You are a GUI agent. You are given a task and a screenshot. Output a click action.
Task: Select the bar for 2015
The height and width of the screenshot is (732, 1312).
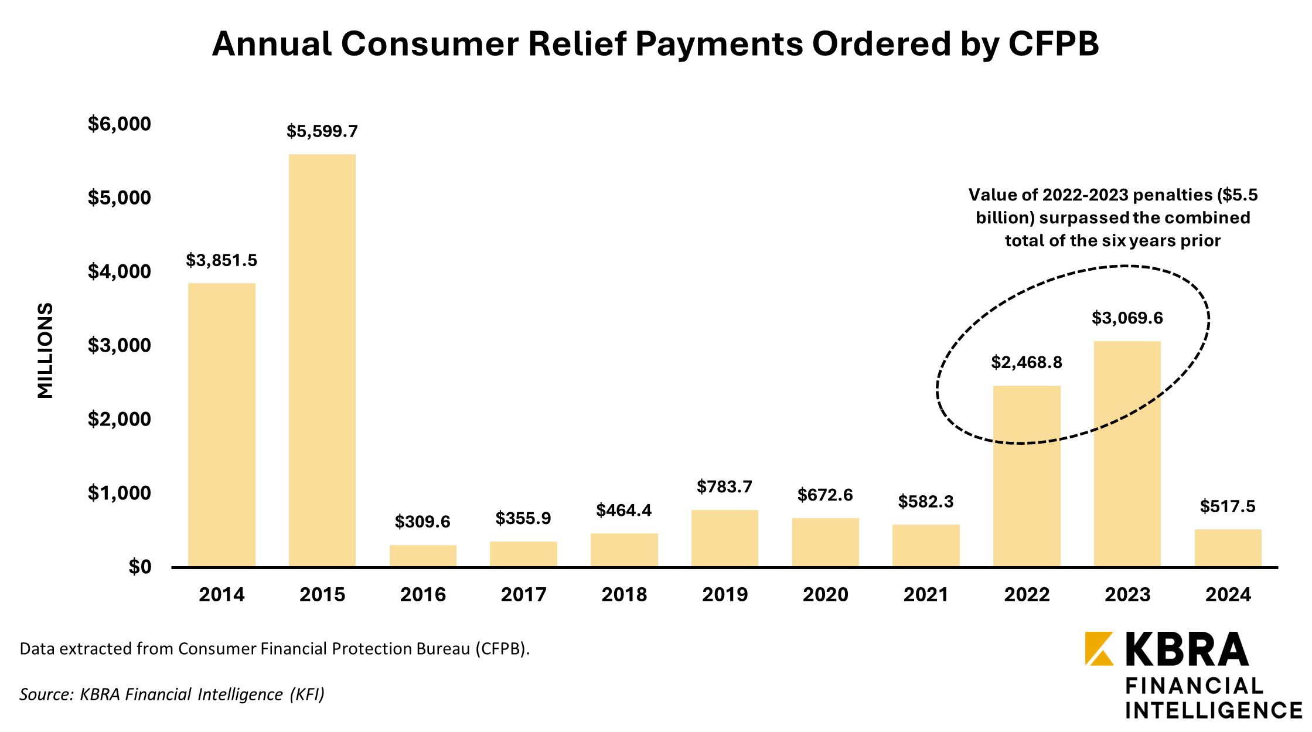[x=322, y=360]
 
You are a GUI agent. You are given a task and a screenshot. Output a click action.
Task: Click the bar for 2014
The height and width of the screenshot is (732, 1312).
[x=221, y=424]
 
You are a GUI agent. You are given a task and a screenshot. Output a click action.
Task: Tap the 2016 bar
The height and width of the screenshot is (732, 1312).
[x=423, y=556]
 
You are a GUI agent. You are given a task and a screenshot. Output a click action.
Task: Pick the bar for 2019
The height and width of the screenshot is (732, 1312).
[x=725, y=538]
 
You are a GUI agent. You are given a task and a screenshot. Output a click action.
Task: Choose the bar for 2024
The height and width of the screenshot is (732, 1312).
[x=1228, y=547]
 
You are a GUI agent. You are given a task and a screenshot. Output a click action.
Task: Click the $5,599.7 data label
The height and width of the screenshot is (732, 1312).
[x=322, y=131]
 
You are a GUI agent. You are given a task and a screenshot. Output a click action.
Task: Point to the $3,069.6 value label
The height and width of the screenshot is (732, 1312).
[x=1127, y=318]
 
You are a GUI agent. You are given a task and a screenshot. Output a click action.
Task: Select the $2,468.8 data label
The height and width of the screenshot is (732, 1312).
[x=1027, y=363]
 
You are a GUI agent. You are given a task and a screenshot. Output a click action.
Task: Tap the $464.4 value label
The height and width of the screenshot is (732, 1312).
[x=624, y=510]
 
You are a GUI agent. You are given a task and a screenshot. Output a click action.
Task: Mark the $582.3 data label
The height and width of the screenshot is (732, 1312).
[x=926, y=502]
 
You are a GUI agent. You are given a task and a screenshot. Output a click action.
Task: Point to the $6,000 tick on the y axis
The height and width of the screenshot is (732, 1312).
[x=120, y=124]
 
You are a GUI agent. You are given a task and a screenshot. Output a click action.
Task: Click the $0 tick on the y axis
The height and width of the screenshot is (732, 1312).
[x=140, y=567]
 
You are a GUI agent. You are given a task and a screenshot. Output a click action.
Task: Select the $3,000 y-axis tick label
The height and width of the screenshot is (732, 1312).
[x=120, y=345]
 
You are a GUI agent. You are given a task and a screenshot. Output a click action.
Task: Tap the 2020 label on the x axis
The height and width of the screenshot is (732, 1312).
[x=826, y=595]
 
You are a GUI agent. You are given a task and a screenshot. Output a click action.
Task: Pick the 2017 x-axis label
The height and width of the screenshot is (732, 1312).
[x=523, y=595]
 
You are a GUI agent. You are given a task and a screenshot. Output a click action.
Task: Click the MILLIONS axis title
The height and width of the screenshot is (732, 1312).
[x=45, y=350]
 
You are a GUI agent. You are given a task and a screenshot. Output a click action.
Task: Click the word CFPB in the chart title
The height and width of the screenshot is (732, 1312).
[x=1054, y=43]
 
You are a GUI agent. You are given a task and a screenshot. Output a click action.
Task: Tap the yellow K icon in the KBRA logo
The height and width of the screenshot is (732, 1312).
[x=1099, y=649]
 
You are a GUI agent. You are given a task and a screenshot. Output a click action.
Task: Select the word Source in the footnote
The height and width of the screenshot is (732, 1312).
[x=46, y=694]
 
